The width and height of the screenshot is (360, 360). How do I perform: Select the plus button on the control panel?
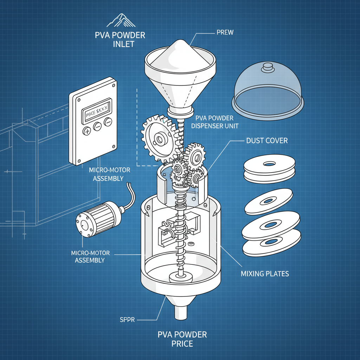[86, 131]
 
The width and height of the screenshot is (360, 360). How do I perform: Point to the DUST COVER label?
[261, 141]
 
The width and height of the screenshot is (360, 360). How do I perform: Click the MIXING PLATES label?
[265, 273]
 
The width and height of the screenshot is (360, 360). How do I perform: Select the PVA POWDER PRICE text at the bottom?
[182, 339]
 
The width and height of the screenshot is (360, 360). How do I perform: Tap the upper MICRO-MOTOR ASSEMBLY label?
[109, 174]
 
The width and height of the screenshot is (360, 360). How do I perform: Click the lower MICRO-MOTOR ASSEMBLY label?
[90, 257]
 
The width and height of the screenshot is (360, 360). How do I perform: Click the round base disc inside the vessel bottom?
[181, 277]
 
